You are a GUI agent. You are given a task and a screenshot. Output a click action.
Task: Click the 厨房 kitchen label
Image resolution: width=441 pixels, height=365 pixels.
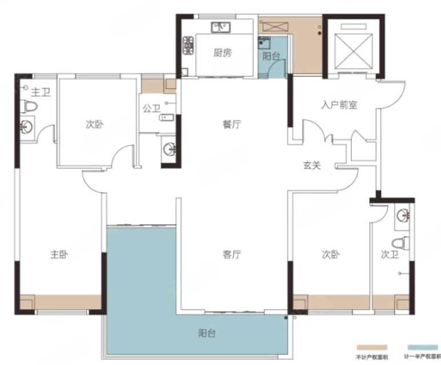(x=222, y=53)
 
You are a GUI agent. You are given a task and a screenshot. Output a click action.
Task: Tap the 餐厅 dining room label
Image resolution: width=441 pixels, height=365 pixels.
(x=232, y=124)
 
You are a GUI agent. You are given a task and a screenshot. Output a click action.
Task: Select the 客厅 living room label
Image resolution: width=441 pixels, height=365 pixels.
(x=232, y=255)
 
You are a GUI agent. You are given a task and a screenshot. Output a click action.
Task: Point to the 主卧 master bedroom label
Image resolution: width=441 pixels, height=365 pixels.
(x=59, y=255)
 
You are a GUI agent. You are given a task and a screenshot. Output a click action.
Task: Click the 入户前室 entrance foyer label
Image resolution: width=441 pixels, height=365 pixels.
(x=339, y=105)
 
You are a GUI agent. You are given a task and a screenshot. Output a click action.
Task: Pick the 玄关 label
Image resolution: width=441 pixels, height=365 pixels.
(x=312, y=165)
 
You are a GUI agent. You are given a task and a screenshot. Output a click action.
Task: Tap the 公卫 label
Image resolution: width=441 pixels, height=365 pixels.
(x=151, y=108)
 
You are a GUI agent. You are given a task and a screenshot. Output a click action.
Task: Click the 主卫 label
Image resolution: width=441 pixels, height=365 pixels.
(x=41, y=92)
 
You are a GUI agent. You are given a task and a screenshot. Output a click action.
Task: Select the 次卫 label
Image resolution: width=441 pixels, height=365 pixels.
(x=390, y=255)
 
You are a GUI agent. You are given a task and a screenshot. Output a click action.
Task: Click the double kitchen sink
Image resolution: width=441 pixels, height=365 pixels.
(x=221, y=27)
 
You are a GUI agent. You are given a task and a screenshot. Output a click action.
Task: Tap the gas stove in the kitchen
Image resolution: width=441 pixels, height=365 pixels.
(x=188, y=45)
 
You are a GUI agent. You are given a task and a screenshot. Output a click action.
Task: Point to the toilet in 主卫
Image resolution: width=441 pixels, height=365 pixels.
(x=29, y=106)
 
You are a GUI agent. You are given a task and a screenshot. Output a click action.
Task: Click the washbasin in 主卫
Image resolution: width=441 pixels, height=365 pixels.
(x=27, y=127)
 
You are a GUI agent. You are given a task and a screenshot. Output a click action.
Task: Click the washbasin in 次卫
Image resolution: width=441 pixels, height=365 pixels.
(x=403, y=216)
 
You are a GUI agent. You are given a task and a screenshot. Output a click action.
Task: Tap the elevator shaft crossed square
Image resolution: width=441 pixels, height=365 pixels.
(x=354, y=51)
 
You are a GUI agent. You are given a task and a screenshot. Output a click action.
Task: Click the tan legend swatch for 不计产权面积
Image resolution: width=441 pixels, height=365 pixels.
(x=372, y=347)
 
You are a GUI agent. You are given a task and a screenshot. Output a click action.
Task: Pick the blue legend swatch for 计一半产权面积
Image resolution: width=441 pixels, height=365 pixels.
(x=423, y=347)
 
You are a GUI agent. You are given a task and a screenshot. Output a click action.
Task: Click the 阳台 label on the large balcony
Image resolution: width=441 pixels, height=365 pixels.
(x=207, y=334)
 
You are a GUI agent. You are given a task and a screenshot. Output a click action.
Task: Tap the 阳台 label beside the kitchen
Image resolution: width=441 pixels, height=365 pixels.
(x=271, y=57)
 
